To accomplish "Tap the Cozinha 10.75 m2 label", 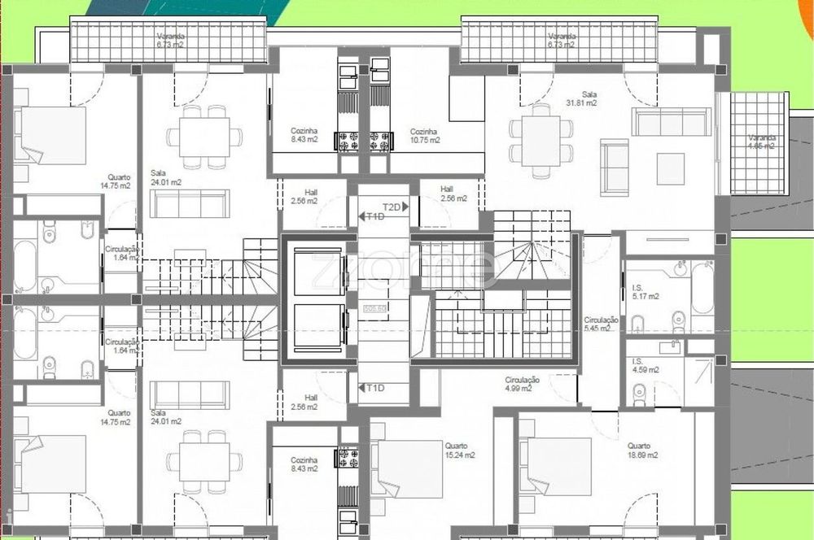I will tap(425, 135).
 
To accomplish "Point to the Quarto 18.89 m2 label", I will tap(641, 450).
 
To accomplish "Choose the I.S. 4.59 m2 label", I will tap(644, 366).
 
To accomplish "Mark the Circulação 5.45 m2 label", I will tap(601, 325).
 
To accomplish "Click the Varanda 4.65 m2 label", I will tap(762, 142).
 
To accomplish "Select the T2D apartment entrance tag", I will tap(392, 207).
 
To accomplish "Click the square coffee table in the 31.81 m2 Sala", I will tap(671, 168).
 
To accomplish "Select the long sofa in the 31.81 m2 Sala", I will tap(672, 122).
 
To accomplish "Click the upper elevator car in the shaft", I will tap(318, 274).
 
